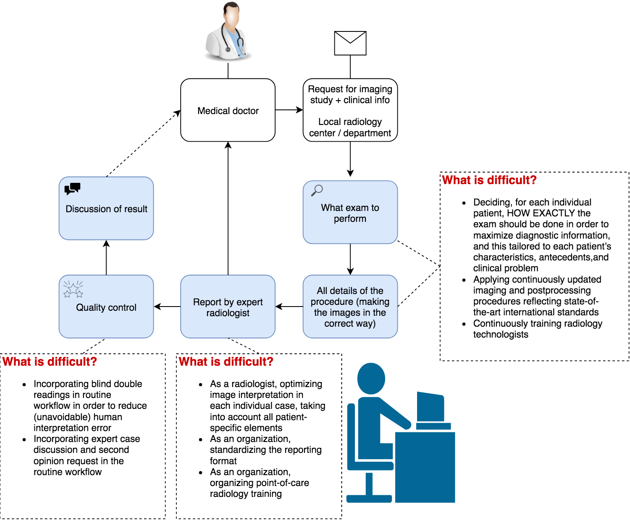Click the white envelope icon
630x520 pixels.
click(x=350, y=43)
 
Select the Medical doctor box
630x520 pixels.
click(x=228, y=110)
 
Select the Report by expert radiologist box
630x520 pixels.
click(x=228, y=307)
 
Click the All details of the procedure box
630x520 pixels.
click(x=350, y=307)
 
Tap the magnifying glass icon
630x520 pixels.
click(x=317, y=190)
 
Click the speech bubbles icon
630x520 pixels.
click(x=72, y=189)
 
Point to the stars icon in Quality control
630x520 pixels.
click(x=73, y=289)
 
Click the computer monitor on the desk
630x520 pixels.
click(x=430, y=407)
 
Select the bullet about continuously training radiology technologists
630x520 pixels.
click(x=538, y=329)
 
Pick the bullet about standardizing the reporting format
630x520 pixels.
click(x=265, y=450)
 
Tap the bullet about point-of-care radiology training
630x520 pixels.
click(x=259, y=483)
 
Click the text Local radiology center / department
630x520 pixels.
click(x=350, y=127)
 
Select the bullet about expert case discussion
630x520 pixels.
click(x=87, y=455)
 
